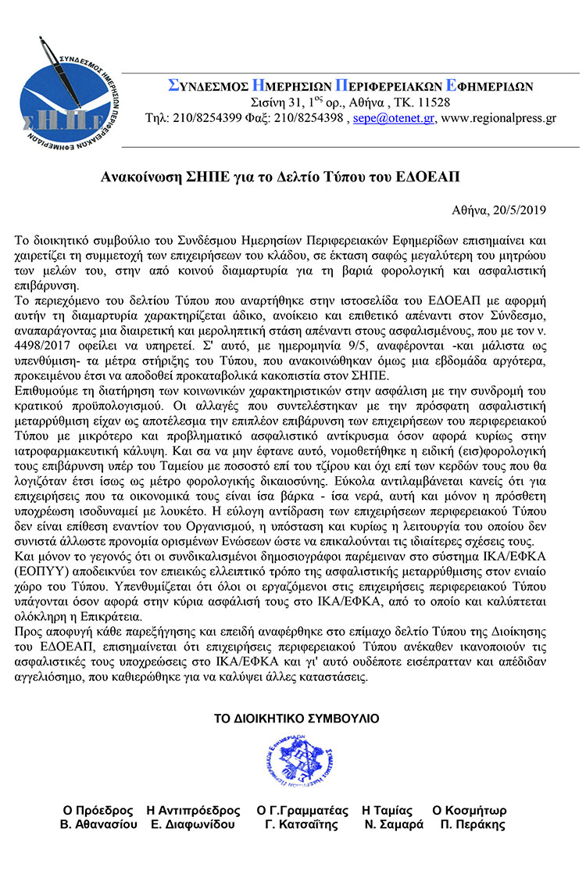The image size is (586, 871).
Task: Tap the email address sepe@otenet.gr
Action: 394,119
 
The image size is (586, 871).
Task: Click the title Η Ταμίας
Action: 387,810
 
